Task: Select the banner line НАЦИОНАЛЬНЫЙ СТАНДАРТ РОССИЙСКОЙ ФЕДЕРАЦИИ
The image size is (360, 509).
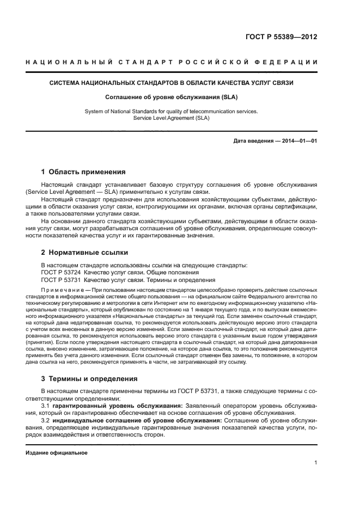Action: pyautogui.click(x=172, y=63)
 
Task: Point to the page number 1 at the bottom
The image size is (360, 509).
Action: pyautogui.click(x=316, y=463)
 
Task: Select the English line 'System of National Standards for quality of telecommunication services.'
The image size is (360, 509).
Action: pyautogui.click(x=172, y=111)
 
